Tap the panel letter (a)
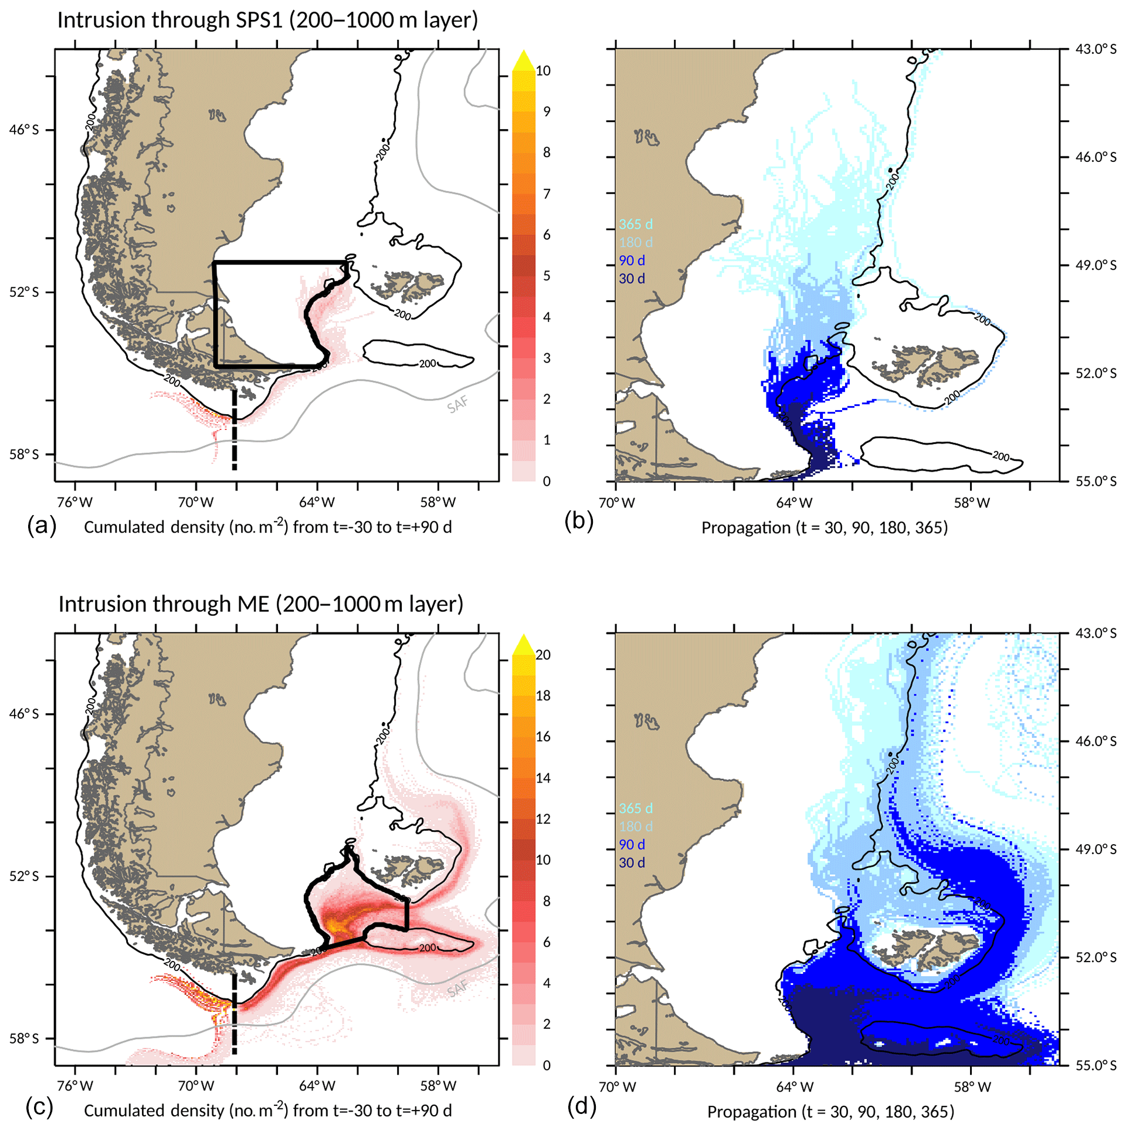coord(42,526)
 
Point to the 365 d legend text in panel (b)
coord(635,224)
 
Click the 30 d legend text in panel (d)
coord(632,862)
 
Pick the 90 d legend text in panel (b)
coord(632,260)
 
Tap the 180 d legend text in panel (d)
coord(635,827)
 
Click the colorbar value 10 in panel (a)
coord(543,71)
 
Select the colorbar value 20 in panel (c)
coord(543,655)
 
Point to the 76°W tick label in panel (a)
coord(76,502)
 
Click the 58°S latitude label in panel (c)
coord(24,1038)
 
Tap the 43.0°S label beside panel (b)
coord(1096,49)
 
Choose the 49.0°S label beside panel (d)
coord(1096,849)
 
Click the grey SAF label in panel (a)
coord(457,404)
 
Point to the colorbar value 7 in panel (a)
coord(547,194)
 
